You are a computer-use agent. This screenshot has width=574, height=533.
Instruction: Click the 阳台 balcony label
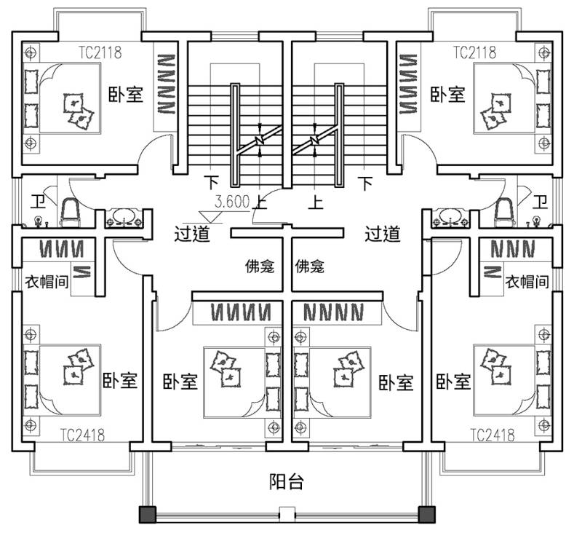click(x=287, y=482)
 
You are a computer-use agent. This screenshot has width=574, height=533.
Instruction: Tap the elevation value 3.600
click(x=232, y=202)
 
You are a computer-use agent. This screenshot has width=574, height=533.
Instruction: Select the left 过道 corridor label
click(x=192, y=234)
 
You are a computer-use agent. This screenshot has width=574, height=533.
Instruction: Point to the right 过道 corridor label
click(x=383, y=234)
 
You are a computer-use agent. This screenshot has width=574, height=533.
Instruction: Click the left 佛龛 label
click(x=260, y=266)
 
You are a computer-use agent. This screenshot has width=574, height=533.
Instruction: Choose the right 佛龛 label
click(x=310, y=266)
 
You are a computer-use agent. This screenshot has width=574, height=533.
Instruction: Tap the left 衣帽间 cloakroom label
click(x=47, y=282)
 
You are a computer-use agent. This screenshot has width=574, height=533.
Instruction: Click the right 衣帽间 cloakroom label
click(x=527, y=282)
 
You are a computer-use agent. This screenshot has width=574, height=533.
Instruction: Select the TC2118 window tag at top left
click(x=100, y=52)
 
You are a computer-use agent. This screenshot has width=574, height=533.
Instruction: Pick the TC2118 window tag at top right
click(x=475, y=52)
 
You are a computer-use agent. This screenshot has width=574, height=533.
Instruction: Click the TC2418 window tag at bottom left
click(x=82, y=435)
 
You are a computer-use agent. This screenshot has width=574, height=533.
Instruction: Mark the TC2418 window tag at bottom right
click(x=493, y=435)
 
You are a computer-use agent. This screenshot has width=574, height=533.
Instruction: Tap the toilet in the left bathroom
click(x=70, y=213)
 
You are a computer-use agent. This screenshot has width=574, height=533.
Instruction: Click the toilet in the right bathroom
click(x=504, y=213)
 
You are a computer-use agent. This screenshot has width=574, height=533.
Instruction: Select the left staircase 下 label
click(x=212, y=183)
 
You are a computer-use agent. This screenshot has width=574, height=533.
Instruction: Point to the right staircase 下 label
click(x=365, y=183)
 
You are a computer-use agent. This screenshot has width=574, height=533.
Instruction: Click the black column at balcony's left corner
click(x=148, y=515)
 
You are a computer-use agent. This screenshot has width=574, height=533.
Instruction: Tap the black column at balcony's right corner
click(x=426, y=515)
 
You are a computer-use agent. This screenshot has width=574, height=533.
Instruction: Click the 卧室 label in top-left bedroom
click(x=126, y=94)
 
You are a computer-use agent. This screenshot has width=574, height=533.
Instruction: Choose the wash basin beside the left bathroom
click(x=124, y=218)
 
